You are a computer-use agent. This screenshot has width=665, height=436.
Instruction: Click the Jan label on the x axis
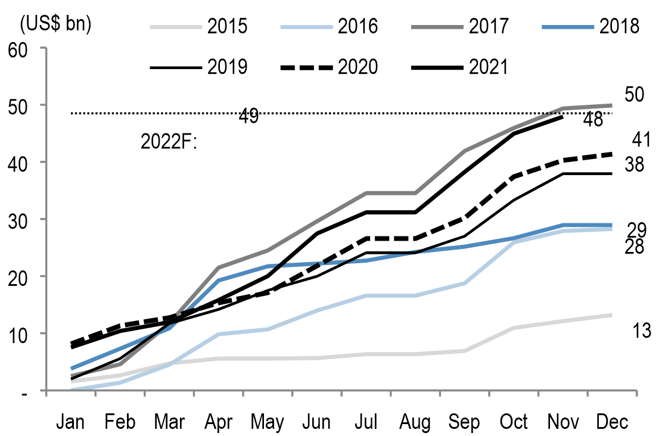click(71, 422)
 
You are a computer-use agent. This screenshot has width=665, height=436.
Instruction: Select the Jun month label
click(316, 422)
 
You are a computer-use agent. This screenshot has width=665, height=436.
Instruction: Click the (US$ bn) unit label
click(55, 24)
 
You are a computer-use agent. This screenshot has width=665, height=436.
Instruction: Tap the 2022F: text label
click(169, 143)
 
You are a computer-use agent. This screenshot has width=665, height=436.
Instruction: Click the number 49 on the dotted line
click(248, 116)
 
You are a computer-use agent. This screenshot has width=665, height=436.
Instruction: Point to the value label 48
click(593, 120)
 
